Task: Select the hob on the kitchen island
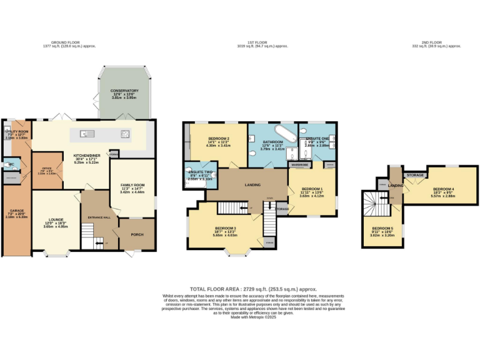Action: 124,133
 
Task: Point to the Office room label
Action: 47,167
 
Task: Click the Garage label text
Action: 13,211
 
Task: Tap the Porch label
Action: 137,236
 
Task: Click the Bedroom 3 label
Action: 225,228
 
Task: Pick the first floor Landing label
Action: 252,184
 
